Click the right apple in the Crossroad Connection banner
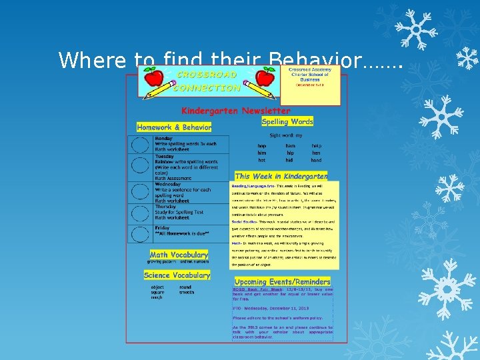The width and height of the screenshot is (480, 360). tap(264, 79)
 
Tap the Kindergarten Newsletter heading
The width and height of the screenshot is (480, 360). tap(236, 111)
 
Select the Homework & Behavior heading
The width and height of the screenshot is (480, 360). tap(174, 127)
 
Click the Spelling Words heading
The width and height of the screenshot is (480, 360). tap(287, 122)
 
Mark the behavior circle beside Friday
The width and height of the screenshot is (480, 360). tap(140, 234)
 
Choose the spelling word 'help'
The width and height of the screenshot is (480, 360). tap(316, 145)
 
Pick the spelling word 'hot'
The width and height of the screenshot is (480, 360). tap(262, 160)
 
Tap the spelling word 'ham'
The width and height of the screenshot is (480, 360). tap(290, 145)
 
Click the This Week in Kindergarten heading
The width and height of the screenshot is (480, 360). tap(281, 176)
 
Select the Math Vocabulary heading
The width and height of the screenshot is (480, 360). tap(179, 255)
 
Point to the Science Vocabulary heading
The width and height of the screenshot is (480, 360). tap(177, 275)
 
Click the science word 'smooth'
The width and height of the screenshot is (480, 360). tap(187, 292)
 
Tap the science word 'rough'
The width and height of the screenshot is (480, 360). tap(157, 297)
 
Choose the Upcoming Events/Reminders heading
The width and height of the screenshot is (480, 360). tap(282, 282)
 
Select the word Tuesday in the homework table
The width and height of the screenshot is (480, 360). tap(164, 156)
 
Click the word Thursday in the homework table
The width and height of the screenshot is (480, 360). tap(166, 207)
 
